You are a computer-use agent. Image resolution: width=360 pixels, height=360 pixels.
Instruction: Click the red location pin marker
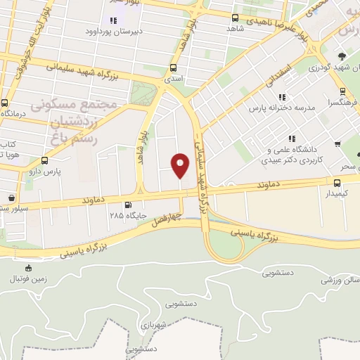pos(181,165)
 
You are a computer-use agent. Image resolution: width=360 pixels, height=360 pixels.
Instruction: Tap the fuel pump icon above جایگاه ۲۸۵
pos(127,206)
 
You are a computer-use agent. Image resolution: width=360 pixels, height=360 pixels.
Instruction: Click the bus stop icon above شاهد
pos(235,18)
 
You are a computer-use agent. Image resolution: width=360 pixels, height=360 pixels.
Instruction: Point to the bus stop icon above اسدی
pos(173,68)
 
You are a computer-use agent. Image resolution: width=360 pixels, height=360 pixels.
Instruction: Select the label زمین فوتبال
pos(27,278)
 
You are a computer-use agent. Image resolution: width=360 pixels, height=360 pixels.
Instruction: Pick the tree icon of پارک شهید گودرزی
pos(342,56)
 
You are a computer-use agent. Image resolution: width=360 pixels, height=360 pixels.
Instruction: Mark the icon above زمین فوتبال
pos(28,267)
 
